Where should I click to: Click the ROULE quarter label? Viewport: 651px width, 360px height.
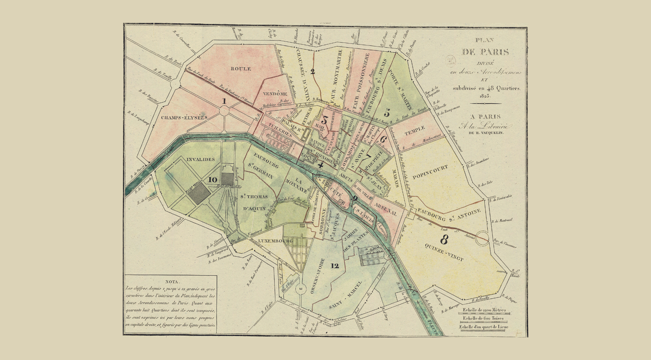241,69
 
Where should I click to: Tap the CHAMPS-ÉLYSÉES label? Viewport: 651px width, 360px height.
184,118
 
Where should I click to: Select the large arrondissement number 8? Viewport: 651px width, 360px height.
444,240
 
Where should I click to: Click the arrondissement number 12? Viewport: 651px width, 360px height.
334,266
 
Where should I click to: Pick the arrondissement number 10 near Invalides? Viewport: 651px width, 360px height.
212,179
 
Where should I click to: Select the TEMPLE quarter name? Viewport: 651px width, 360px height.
415,128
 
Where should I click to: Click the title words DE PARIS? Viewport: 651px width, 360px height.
485,52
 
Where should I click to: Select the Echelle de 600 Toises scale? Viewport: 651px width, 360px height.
483,318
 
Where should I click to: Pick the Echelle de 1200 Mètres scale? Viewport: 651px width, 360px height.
484,310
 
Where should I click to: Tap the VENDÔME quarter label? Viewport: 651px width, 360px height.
275,94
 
